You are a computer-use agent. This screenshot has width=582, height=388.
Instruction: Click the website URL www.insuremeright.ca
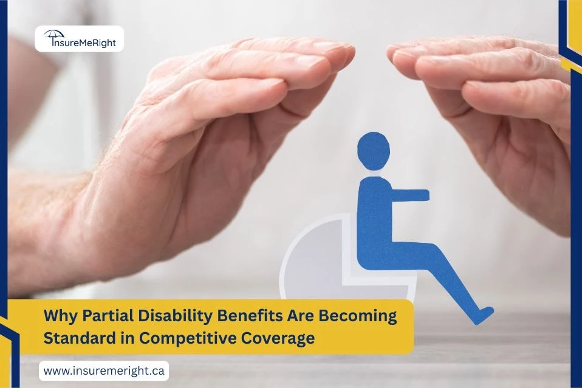[104, 370]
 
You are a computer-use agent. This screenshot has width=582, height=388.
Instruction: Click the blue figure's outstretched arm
[407, 195]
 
